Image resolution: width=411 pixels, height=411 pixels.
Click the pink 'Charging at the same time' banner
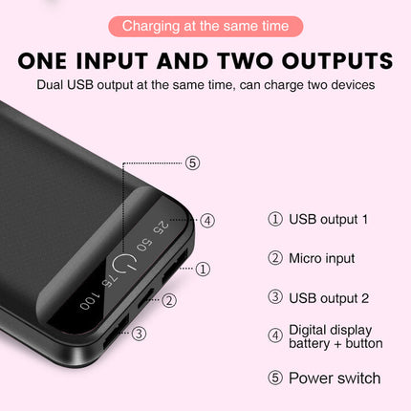pos(205,25)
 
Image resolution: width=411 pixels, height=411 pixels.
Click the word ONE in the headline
pos(56,61)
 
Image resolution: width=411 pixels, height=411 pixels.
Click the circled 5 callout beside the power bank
pos(192,162)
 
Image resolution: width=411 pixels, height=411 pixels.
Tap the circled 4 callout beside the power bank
pos(207,220)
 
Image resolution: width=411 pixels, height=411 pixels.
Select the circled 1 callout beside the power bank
pos(203,269)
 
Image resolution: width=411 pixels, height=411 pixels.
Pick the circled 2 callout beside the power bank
pos(169,300)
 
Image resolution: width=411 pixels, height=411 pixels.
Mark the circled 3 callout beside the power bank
pos(139,334)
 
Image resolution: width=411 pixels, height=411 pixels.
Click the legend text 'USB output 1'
pos(328,219)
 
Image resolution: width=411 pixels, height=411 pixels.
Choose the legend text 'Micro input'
pos(322,258)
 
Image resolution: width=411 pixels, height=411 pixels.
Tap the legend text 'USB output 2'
pos(328,298)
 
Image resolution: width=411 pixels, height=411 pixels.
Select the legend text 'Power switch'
pos(335,378)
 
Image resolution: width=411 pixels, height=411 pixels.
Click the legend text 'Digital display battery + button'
pos(335,335)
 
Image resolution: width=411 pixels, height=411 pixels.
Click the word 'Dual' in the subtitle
pos(54,85)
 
